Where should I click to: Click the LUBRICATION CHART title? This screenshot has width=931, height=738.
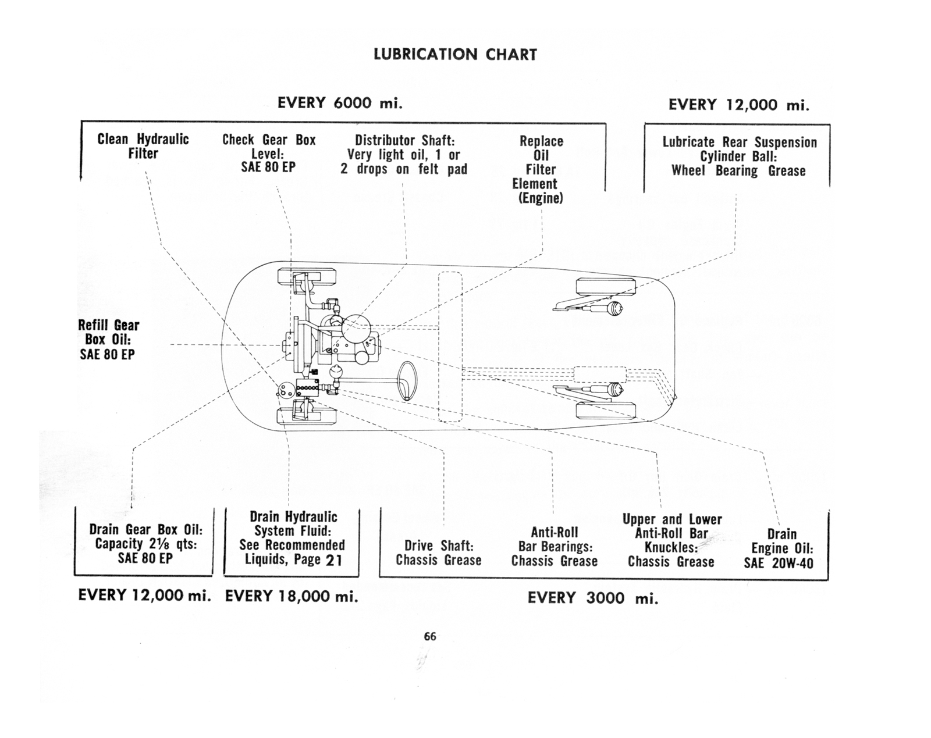tap(455, 55)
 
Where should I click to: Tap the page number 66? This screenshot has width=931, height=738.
tap(430, 636)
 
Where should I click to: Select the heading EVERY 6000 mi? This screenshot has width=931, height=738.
tap(340, 104)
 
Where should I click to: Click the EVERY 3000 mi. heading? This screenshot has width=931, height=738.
tap(593, 598)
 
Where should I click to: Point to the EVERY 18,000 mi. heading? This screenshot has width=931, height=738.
tap(292, 596)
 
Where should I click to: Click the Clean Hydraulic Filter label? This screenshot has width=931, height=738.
tap(143, 146)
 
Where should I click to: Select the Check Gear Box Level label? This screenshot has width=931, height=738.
tap(269, 153)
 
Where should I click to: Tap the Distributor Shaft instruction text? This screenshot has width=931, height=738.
tap(404, 155)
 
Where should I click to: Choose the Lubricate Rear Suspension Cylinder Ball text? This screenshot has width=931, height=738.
tap(738, 156)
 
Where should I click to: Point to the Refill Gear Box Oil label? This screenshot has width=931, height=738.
tap(108, 340)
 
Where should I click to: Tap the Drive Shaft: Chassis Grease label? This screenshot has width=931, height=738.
tap(439, 553)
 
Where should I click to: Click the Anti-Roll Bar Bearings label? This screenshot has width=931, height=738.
tap(555, 547)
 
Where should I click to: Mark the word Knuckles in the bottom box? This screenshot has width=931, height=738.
tap(670, 548)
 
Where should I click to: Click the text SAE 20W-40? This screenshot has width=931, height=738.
tap(779, 564)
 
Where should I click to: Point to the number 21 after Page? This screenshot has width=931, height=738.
tap(334, 560)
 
